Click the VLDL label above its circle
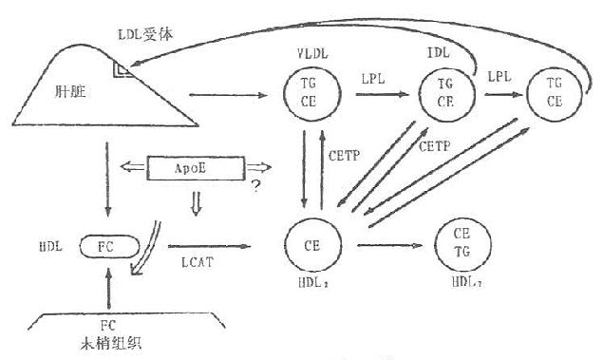point(311,52)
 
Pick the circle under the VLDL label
point(310,94)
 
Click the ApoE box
point(195,170)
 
